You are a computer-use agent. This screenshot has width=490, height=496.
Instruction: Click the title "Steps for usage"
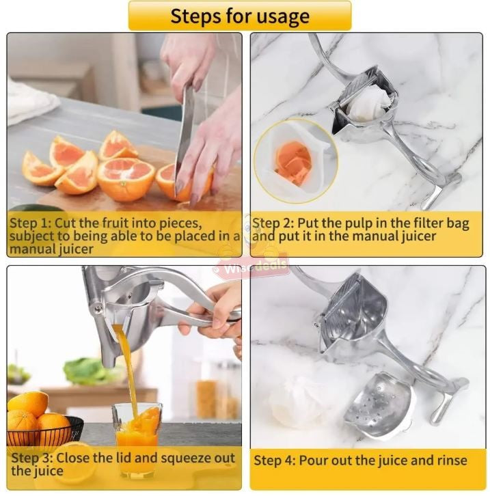pos(239,16)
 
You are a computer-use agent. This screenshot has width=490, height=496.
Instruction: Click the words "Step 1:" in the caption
pos(28,224)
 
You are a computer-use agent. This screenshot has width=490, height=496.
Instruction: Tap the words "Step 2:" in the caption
pos(272,224)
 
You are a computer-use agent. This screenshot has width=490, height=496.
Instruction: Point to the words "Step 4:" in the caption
pos(274,460)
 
